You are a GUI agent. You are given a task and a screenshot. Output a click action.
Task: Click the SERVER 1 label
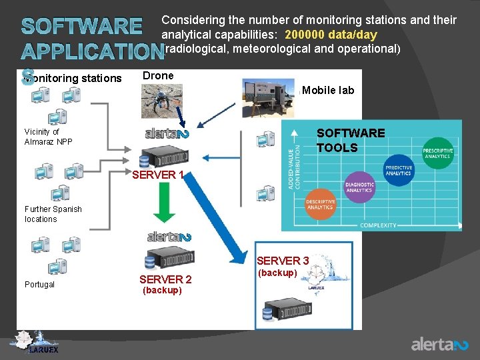158,175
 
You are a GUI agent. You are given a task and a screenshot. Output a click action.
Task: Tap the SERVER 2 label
165,279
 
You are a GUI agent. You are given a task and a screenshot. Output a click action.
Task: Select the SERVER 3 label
283,261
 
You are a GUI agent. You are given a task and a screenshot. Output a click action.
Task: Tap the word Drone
158,76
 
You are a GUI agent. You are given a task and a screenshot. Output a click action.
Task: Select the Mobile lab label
328,90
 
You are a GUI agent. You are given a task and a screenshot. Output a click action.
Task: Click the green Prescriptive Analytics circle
437,153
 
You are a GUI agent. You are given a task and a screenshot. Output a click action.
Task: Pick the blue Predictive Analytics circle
399,171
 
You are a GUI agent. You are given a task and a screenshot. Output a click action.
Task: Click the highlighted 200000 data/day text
331,35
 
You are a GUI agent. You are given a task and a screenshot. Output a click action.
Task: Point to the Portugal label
40,284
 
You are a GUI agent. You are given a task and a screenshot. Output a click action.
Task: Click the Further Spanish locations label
53,214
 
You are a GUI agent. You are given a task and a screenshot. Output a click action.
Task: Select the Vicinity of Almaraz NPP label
49,137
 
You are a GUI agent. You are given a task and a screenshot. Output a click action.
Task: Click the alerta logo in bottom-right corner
439,344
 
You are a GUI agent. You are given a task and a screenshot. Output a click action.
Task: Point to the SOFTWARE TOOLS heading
351,141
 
